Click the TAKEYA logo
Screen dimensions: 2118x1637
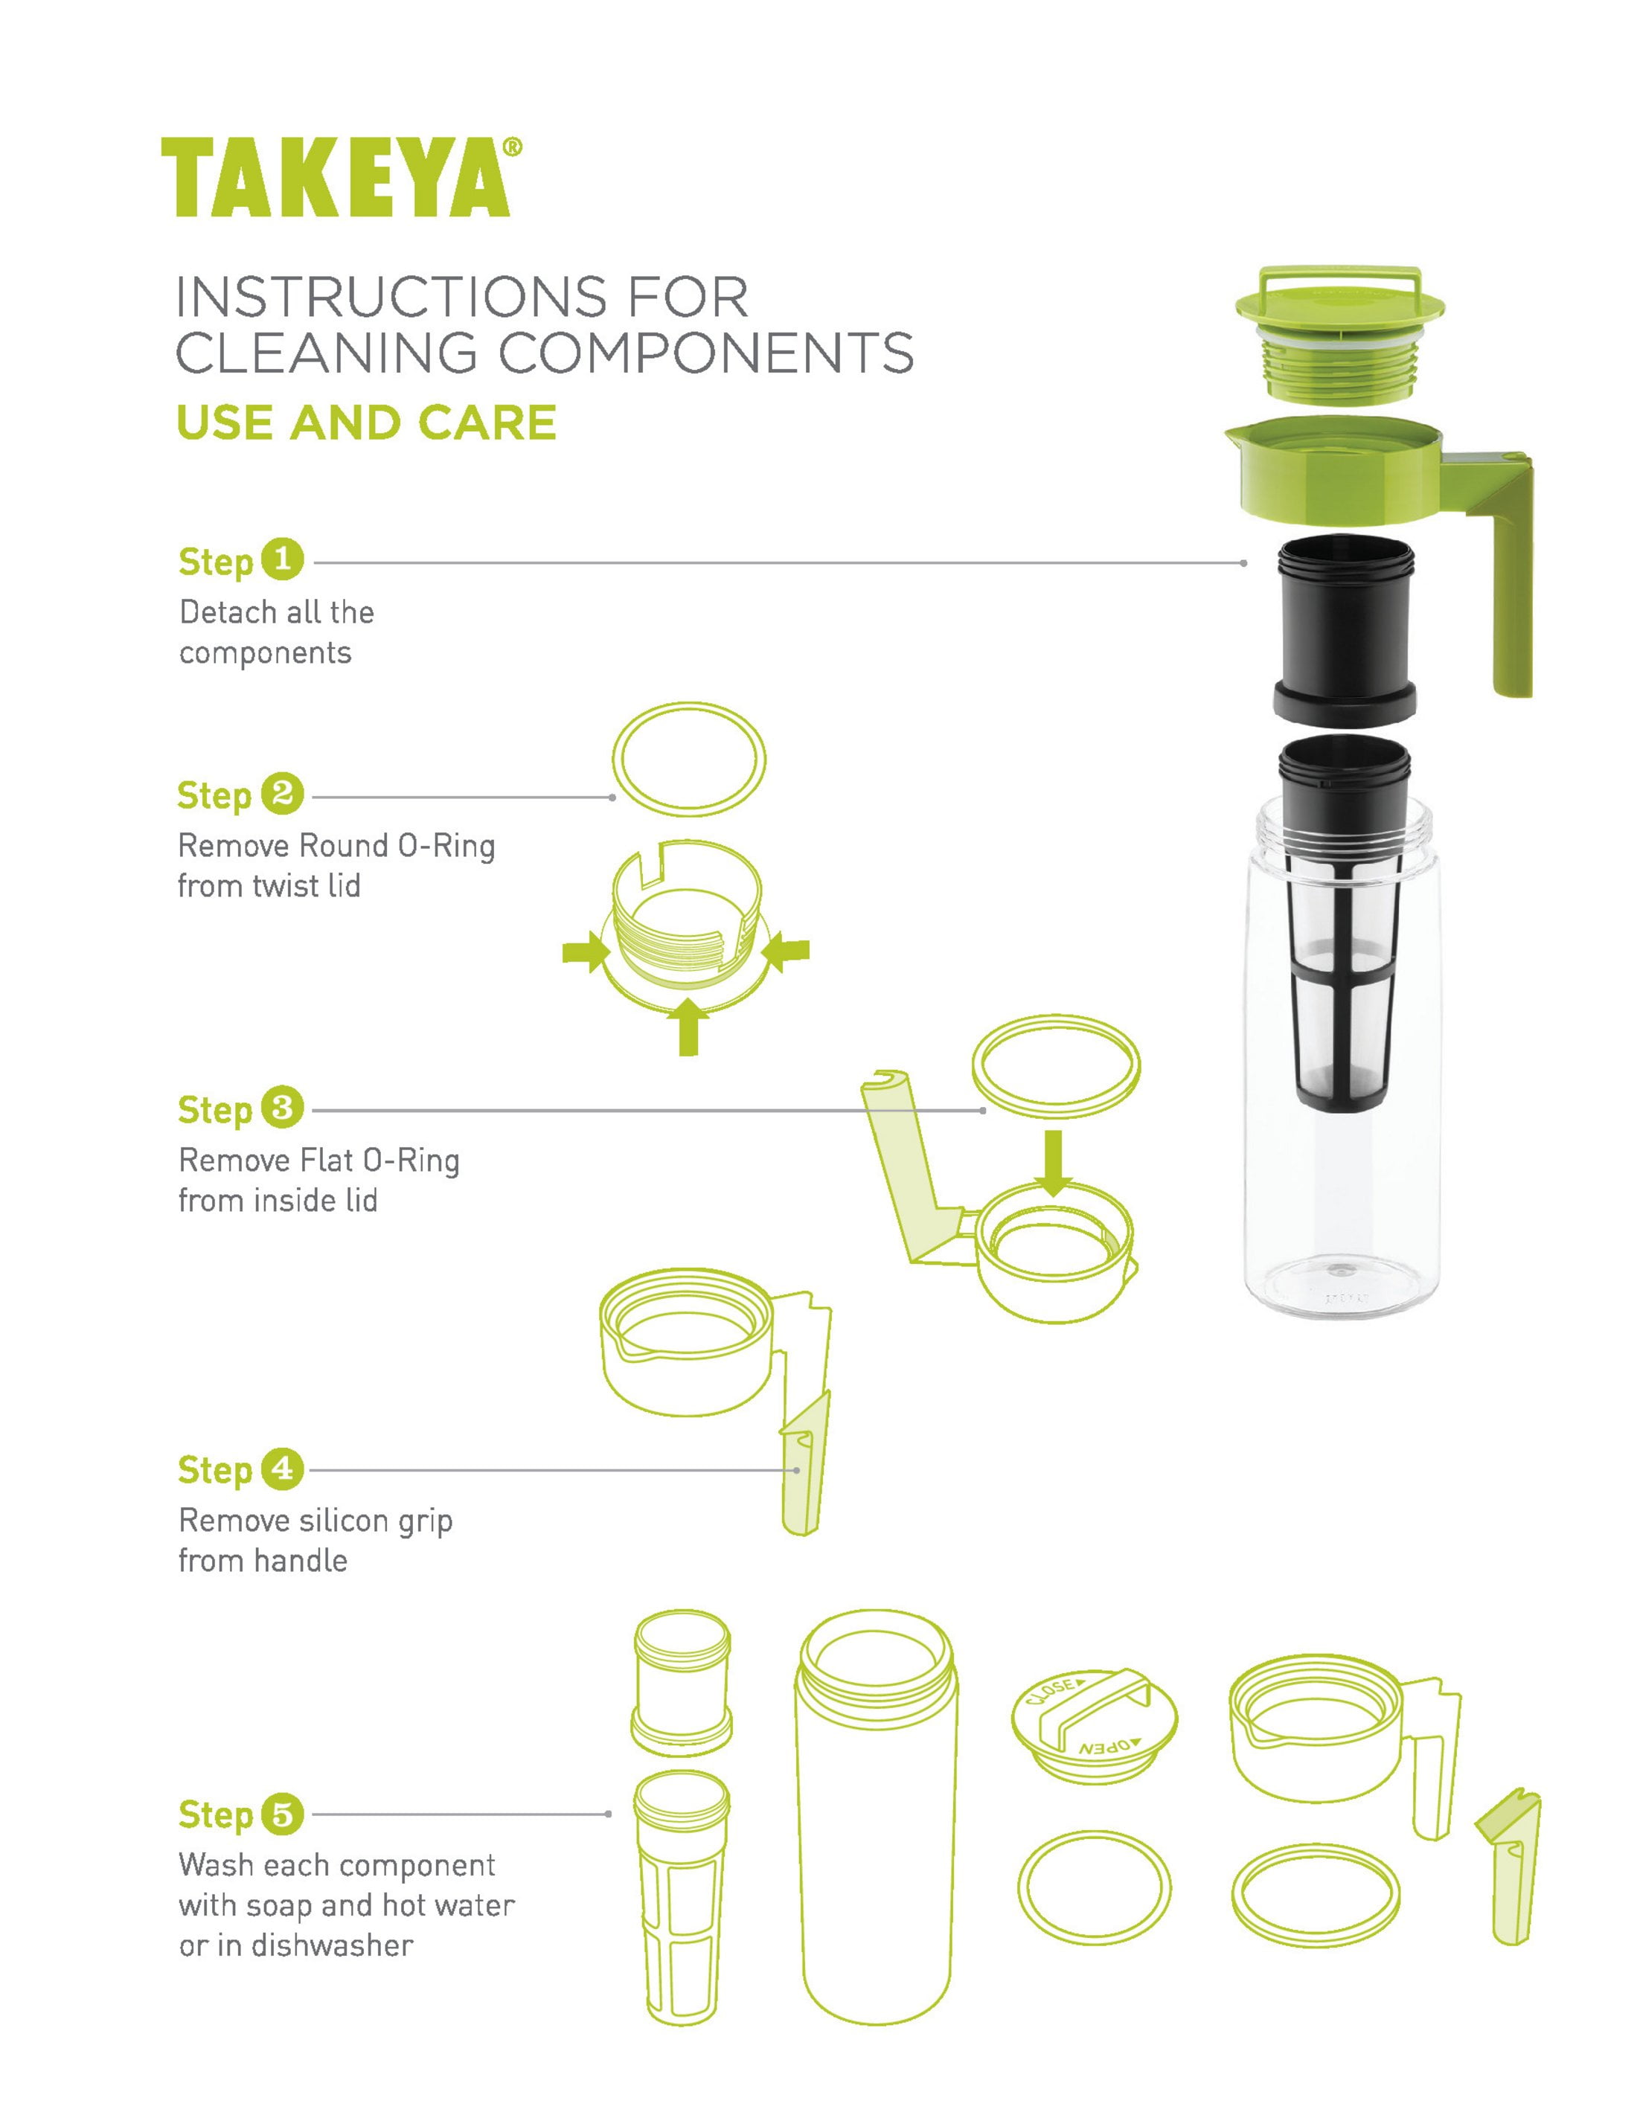click(335, 178)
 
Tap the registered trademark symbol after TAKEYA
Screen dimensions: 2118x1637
click(513, 147)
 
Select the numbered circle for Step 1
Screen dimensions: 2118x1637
click(282, 559)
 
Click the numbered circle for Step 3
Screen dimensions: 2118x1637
click(282, 1108)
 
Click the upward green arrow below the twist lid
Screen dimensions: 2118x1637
click(688, 1028)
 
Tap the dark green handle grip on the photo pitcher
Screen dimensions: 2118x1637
click(1511, 591)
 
